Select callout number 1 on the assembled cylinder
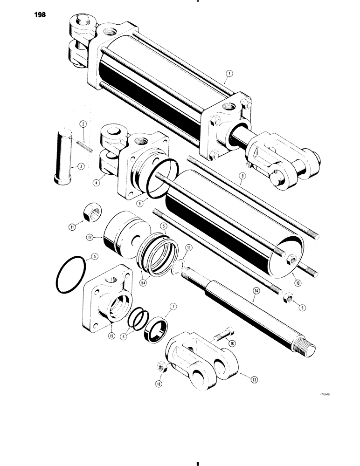coord(228,73)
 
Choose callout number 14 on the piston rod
coord(256,290)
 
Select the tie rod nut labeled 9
coord(287,297)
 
